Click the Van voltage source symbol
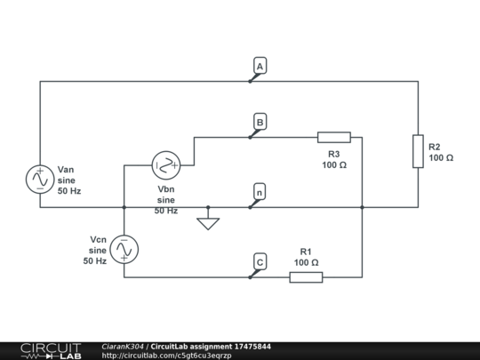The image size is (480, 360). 40,179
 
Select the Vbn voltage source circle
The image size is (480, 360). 166,163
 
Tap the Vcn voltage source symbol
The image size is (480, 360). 124,251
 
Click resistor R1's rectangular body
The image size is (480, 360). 306,277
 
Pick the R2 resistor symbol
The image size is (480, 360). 418,151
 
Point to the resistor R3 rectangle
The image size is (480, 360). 334,138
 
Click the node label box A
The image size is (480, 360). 260,67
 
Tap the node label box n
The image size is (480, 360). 260,191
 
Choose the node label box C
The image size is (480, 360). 260,261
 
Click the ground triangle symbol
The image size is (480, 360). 208,223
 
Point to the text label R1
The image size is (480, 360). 306,252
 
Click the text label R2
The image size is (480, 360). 435,147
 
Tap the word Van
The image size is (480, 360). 67,169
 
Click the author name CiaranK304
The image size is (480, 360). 123,346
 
